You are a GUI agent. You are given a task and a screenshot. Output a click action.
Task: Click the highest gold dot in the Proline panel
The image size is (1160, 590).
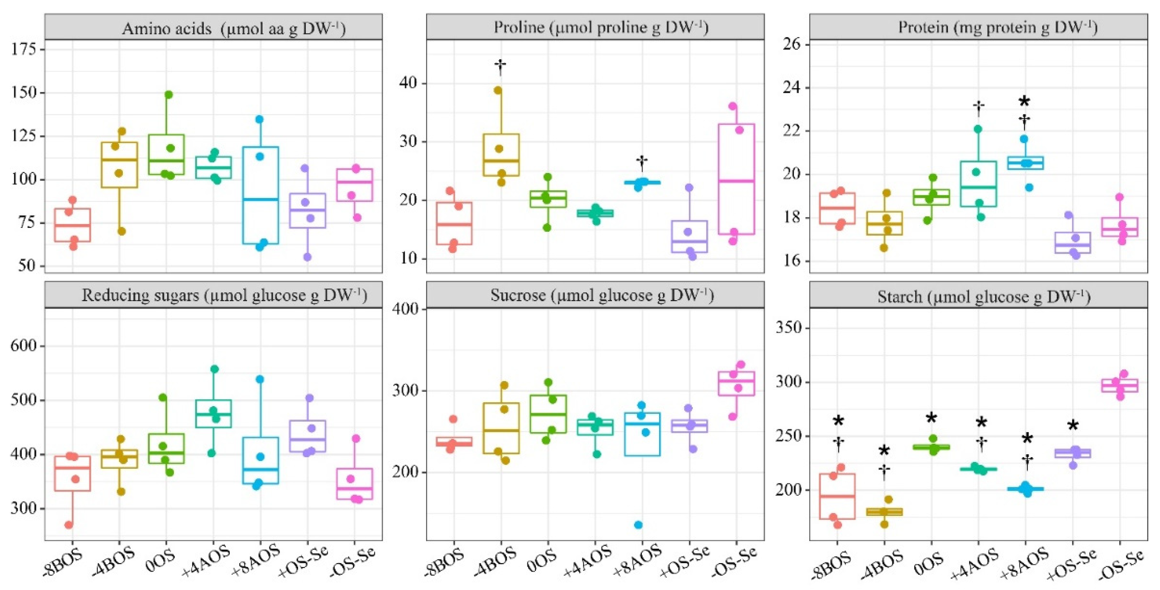tap(498, 90)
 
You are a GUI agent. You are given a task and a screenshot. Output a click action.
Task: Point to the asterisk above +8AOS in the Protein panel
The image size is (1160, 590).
tap(1024, 102)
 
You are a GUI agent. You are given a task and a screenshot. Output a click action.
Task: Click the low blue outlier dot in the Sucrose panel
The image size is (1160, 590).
tap(638, 525)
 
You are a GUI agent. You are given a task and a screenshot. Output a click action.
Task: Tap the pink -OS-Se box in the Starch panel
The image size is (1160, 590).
tap(1120, 386)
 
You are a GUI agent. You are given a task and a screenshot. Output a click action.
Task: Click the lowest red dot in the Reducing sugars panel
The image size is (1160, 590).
tap(69, 525)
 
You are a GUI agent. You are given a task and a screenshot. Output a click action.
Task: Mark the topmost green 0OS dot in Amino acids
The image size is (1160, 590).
tap(169, 94)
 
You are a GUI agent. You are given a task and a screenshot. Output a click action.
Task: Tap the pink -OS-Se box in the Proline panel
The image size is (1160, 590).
tap(736, 179)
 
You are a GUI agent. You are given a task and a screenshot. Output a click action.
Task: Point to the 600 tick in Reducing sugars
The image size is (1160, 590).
tap(23, 346)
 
